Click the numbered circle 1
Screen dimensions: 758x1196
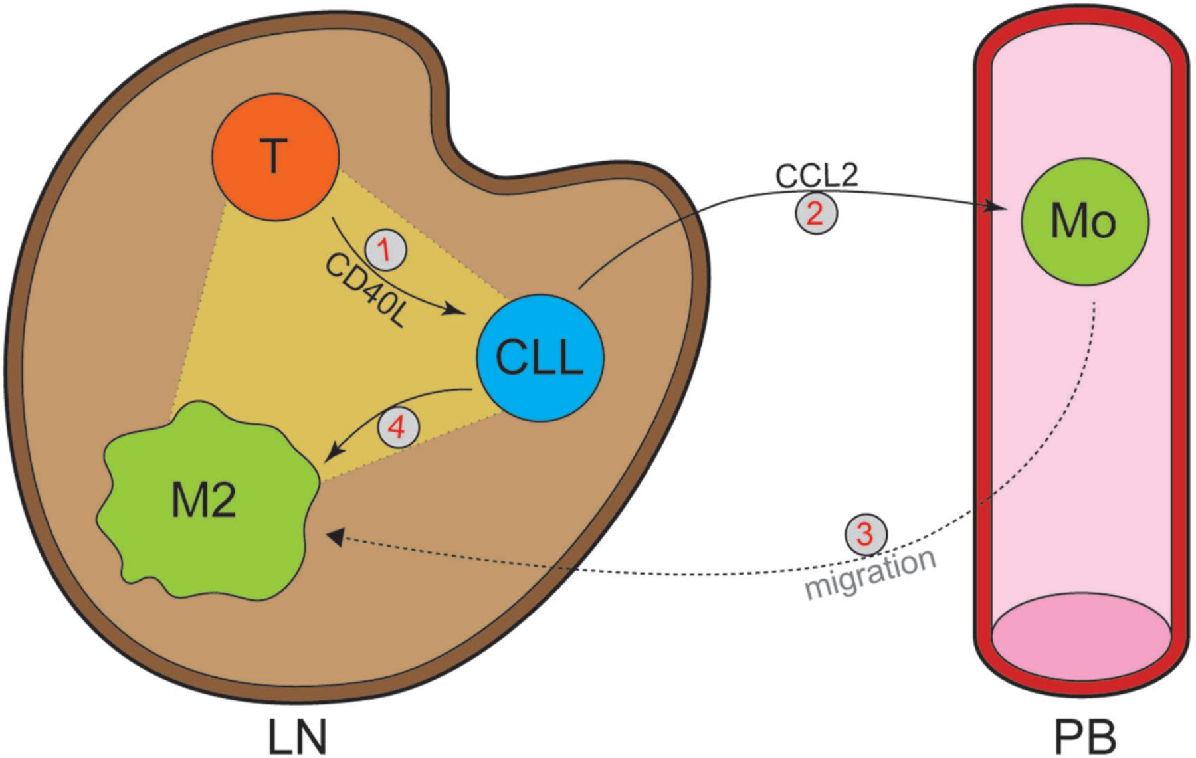pos(385,250)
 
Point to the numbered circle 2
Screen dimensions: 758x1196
pos(817,213)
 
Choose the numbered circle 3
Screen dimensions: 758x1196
pos(865,533)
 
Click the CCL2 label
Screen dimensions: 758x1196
pos(817,175)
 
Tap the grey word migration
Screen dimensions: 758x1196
pos(870,573)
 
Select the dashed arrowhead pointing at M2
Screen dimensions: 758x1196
pos(336,537)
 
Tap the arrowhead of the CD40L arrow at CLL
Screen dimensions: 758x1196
pos(456,310)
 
